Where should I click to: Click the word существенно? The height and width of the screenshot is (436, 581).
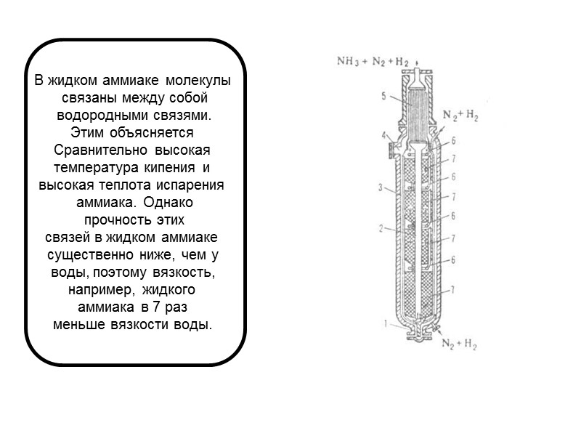click(88, 255)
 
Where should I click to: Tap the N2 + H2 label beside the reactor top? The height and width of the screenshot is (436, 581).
click(460, 115)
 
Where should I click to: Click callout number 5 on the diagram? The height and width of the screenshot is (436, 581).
click(383, 95)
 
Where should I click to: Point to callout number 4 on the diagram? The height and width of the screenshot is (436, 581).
click(383, 134)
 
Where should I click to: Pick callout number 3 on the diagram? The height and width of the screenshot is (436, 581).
click(380, 188)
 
